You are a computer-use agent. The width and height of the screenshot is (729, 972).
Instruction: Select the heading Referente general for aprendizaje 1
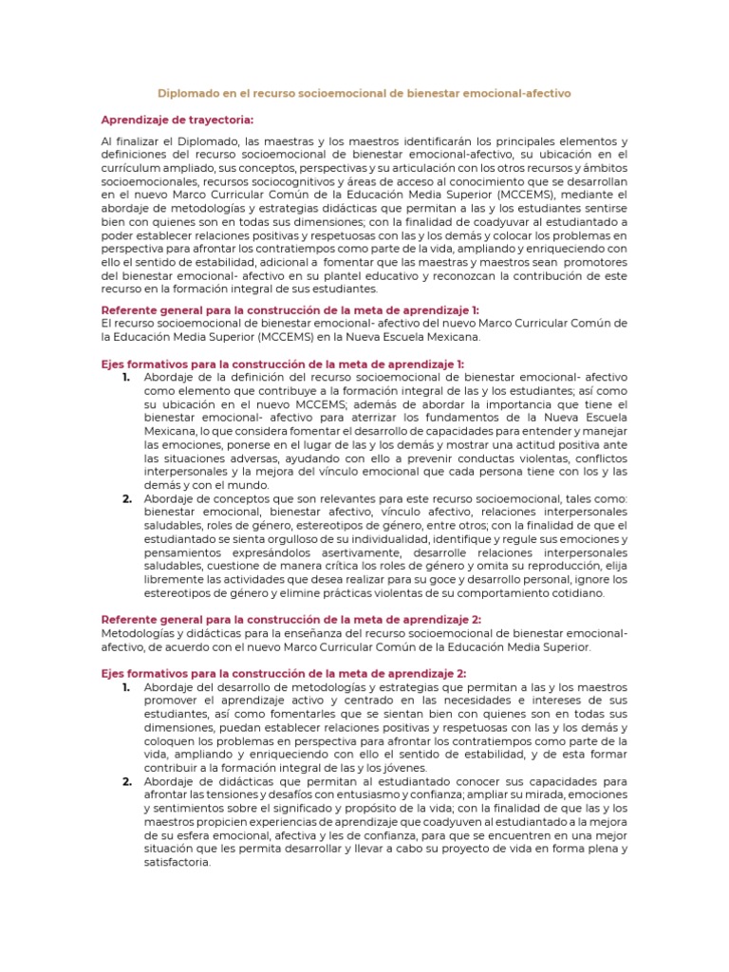(x=290, y=309)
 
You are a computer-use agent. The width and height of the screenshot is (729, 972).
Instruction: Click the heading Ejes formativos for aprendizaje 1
(x=282, y=364)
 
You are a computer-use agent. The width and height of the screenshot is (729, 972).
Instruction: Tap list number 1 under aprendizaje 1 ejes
(x=127, y=377)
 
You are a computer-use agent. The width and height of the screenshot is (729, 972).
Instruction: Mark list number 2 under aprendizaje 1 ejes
(x=127, y=498)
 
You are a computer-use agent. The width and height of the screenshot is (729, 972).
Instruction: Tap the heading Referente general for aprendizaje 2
(x=290, y=620)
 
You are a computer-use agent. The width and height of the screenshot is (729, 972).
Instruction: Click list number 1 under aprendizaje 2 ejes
(x=127, y=687)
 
